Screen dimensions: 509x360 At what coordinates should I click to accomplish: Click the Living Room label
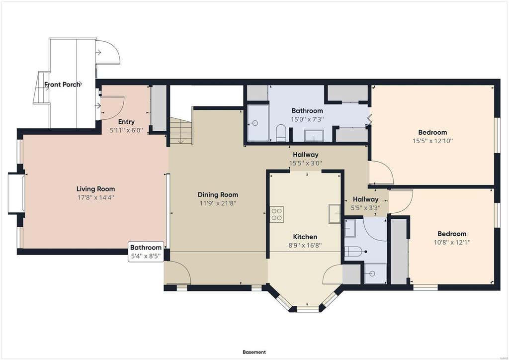click(x=96, y=189)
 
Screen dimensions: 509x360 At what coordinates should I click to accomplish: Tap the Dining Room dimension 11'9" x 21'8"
click(x=218, y=203)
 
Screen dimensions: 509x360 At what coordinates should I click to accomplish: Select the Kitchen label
click(x=305, y=237)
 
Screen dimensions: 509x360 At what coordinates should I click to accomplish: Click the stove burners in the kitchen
click(x=276, y=214)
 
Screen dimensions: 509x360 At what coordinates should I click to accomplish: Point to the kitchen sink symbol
click(x=335, y=214)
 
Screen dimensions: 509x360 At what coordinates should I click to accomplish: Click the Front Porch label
click(x=62, y=85)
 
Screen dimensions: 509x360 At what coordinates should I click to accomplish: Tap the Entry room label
click(x=126, y=122)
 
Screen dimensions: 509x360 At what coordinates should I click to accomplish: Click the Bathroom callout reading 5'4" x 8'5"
click(x=146, y=252)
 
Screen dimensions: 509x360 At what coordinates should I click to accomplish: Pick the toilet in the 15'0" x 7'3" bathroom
click(x=281, y=134)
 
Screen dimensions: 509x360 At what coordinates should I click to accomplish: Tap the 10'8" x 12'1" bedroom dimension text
click(x=452, y=242)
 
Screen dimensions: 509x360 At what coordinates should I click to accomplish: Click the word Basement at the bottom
click(x=254, y=352)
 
